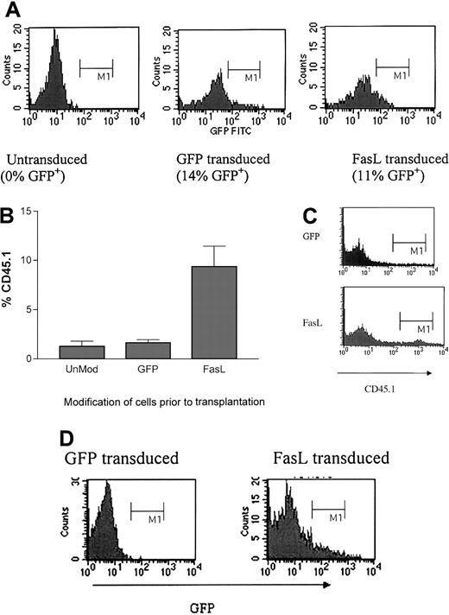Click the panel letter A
click(x=11, y=10)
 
